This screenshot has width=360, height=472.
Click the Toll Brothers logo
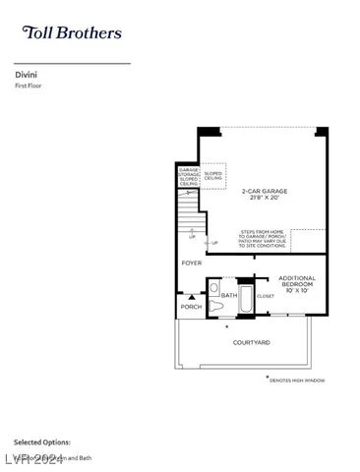click(72, 32)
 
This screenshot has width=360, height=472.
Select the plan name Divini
click(26, 74)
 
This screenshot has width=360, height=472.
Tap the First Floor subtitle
click(29, 87)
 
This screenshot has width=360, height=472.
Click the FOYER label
click(191, 264)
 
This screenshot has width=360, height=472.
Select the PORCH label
click(191, 307)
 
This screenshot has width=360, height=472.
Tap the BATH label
click(228, 294)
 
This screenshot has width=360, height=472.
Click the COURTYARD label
click(252, 342)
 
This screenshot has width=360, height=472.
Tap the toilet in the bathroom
click(214, 305)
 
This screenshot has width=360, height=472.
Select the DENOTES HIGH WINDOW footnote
click(297, 380)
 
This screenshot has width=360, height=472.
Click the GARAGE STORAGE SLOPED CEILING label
click(189, 176)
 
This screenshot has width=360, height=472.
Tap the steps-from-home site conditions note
click(281, 238)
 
